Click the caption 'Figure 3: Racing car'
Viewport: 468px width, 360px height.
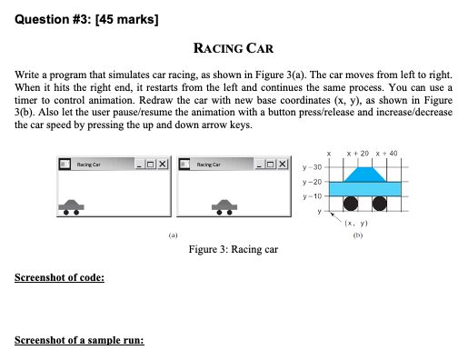coord(233,249)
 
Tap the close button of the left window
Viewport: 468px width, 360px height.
coord(164,165)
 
